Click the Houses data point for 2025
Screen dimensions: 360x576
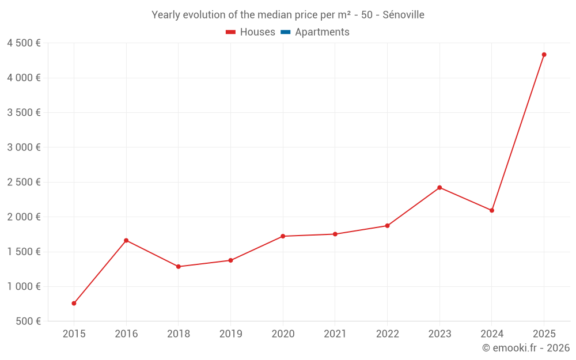[544, 55]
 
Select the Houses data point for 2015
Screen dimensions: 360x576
[74, 303]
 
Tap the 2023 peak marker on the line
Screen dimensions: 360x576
[439, 188]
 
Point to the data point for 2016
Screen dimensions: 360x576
[126, 240]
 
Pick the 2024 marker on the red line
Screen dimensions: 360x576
[491, 210]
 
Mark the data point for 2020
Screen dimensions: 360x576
[283, 236]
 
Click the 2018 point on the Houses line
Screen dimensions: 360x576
[179, 267]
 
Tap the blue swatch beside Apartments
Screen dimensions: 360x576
[285, 32]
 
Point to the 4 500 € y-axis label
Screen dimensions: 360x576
[24, 43]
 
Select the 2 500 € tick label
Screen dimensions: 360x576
[24, 182]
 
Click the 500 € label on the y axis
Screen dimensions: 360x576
[29, 321]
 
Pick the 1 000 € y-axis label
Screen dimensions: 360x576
[24, 286]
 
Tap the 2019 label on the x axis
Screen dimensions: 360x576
[230, 334]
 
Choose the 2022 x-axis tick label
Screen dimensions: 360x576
[387, 334]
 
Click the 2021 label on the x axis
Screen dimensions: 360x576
[335, 334]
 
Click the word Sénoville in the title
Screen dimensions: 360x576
[403, 15]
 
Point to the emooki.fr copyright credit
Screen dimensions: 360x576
[526, 348]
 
